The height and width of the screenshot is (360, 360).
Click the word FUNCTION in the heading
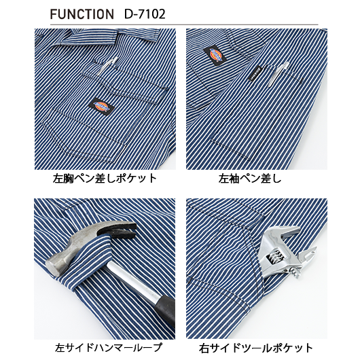point(82,14)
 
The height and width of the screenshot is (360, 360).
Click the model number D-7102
point(145,14)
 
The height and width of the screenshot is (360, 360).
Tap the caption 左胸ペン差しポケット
point(105,179)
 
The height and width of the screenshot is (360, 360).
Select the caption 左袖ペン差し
point(250,179)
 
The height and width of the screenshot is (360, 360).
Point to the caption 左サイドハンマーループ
point(109,347)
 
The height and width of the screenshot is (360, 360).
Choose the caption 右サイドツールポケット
point(256,347)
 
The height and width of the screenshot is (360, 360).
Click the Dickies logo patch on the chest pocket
point(101,106)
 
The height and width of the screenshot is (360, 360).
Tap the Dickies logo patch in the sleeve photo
point(215,55)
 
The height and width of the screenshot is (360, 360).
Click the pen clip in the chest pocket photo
point(107,66)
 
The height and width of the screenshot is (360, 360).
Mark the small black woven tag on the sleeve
point(255,73)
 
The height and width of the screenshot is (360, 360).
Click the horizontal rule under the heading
point(184,24)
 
